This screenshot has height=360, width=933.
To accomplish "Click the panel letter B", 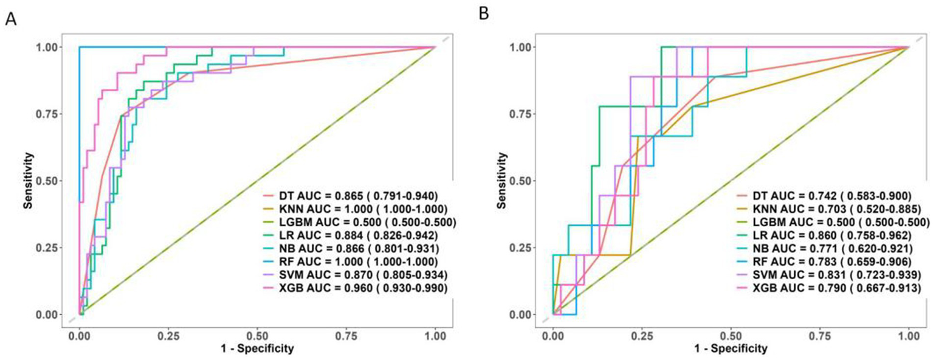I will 484,14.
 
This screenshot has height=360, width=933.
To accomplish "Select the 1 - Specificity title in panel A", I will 257,349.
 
